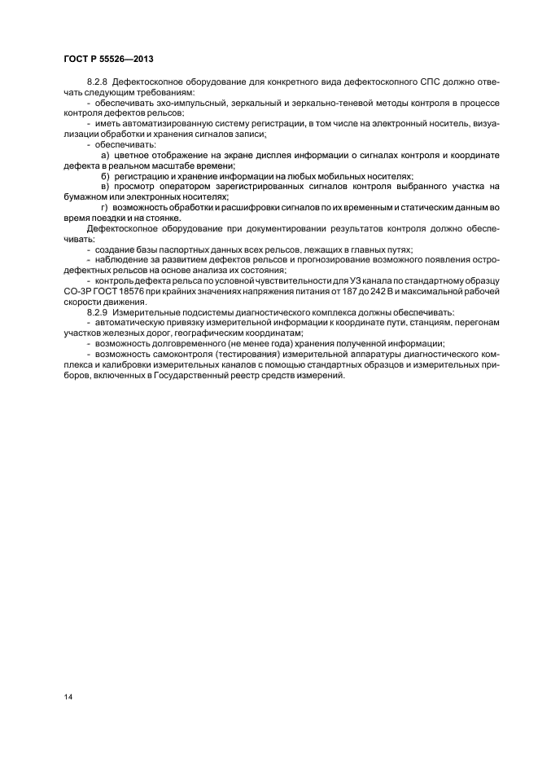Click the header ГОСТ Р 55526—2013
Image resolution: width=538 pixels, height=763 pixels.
point(107,60)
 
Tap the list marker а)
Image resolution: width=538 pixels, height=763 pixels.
point(104,154)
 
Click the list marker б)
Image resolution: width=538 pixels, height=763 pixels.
point(104,176)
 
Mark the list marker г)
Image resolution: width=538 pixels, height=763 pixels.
point(104,208)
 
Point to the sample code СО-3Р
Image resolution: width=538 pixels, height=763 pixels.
point(77,292)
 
